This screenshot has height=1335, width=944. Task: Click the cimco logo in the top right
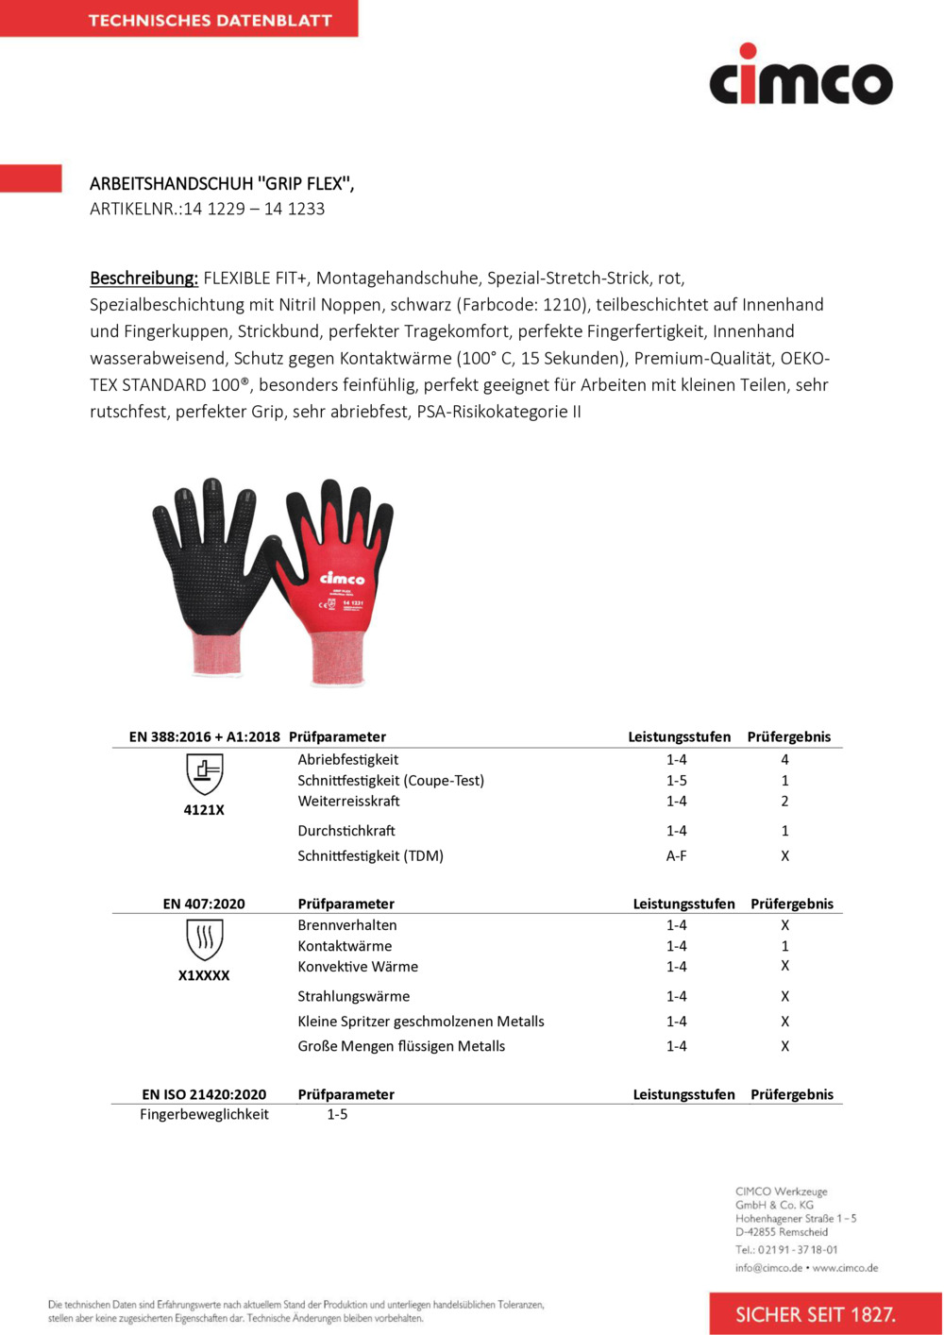click(x=801, y=76)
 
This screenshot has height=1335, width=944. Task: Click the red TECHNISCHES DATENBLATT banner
click(x=179, y=19)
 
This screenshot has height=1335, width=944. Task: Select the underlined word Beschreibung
click(x=143, y=279)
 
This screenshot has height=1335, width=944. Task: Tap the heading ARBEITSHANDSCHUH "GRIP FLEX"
click(x=222, y=184)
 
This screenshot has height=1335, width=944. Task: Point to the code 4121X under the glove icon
click(x=204, y=810)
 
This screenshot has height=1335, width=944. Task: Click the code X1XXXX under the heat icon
click(x=204, y=975)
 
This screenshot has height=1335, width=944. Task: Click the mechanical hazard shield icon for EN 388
click(x=204, y=774)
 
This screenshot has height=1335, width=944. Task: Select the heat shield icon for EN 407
click(x=204, y=939)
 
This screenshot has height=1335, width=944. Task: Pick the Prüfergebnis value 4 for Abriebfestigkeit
click(x=784, y=760)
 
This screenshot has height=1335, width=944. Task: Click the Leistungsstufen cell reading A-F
click(x=676, y=856)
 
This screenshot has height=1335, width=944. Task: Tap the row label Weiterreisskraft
click(x=348, y=802)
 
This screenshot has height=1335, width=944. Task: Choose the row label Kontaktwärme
click(x=345, y=946)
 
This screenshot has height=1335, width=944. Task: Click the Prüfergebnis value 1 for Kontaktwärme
click(x=784, y=946)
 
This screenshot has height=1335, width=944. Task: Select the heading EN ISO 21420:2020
click(x=204, y=1095)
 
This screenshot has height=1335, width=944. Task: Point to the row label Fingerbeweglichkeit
click(x=204, y=1115)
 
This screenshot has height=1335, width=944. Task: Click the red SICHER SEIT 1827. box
click(x=816, y=1314)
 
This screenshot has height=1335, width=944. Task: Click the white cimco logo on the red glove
click(x=342, y=578)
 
